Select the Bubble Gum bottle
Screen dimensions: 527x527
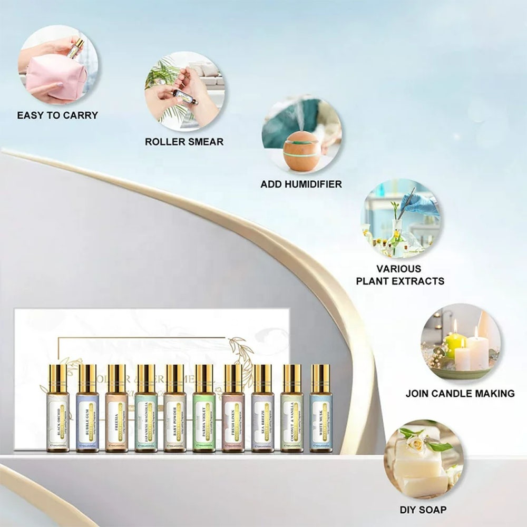pos(87,416)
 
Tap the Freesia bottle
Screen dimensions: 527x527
pos(116,416)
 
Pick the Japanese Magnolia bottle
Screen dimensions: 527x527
pos(145,416)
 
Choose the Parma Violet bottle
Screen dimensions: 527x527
pos(204,416)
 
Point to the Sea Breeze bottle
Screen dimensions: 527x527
pos(262,416)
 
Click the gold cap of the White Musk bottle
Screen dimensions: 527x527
pos(320,378)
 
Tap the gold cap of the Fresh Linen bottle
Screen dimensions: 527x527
pos(233,378)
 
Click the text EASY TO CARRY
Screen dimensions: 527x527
pos(57,115)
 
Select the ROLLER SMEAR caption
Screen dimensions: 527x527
pos(184,141)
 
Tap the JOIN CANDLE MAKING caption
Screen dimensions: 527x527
pos(460,393)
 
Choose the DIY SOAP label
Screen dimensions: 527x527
pos(423,510)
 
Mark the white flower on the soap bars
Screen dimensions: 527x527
pos(416,442)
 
